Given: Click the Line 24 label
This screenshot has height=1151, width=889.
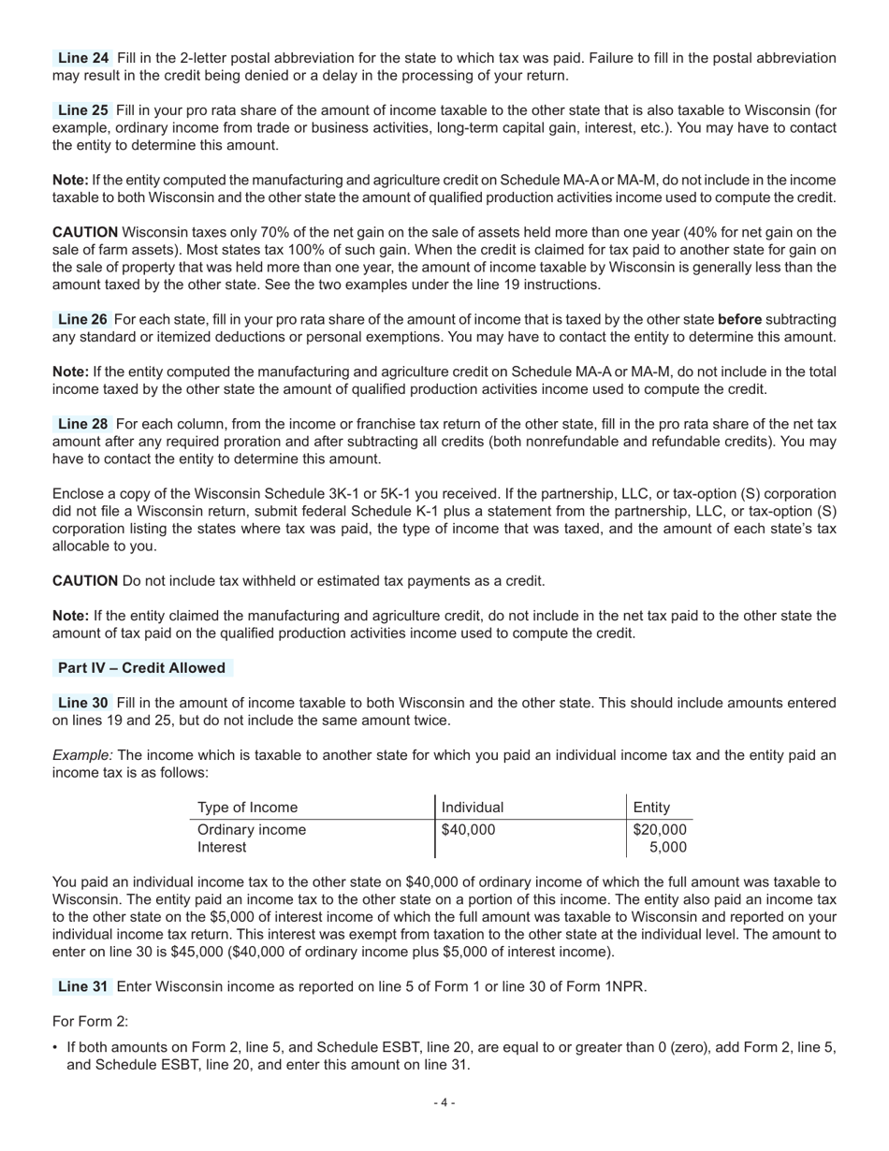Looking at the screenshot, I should [x=82, y=58].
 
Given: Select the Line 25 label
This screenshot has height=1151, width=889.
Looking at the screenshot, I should [x=82, y=110].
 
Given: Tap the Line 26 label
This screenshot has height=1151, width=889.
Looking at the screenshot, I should [x=82, y=320].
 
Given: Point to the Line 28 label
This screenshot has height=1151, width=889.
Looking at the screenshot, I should [x=82, y=424].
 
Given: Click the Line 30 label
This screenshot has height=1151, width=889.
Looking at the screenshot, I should [x=82, y=703].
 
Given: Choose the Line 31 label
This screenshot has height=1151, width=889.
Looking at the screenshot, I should [x=82, y=986].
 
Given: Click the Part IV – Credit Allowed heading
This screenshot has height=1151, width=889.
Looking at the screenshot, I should [x=141, y=668].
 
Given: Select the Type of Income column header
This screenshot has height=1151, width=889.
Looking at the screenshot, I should [x=247, y=808].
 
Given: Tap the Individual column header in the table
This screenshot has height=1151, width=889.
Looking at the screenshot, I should [x=473, y=808].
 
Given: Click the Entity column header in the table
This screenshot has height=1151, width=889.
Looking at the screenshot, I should [x=651, y=808].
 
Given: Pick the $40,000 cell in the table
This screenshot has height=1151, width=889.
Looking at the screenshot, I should [x=468, y=830].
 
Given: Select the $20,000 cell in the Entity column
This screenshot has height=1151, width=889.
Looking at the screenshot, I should [x=660, y=830].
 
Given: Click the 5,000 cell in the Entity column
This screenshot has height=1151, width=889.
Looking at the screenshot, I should [x=667, y=848].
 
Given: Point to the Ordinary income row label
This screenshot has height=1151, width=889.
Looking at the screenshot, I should [x=252, y=830].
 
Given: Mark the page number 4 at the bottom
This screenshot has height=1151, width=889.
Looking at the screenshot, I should [x=444, y=1103].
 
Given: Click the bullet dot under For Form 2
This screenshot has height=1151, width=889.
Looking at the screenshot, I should [x=56, y=1047].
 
